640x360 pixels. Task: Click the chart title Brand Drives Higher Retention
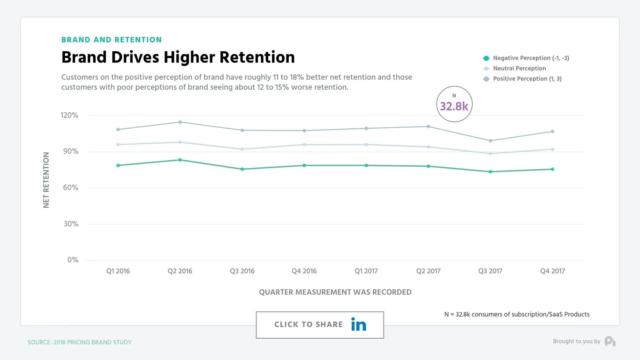tap(178, 57)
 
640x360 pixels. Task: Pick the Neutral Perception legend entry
tap(519, 69)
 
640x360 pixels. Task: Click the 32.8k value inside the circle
tap(454, 106)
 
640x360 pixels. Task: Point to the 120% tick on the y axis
tap(69, 115)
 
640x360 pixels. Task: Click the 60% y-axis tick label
tap(70, 188)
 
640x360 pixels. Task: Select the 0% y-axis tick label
tap(73, 260)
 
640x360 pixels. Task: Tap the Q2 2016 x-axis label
tap(180, 271)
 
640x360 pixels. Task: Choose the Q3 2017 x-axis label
tap(490, 271)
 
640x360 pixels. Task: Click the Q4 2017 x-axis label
tap(552, 271)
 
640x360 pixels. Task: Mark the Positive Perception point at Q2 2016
tap(180, 122)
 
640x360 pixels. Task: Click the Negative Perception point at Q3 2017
tap(490, 172)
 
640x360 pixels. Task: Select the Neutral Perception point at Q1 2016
tap(118, 144)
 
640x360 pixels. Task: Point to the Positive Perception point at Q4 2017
tap(553, 131)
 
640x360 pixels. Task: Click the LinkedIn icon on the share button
tap(359, 325)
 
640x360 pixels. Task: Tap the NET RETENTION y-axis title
tap(46, 180)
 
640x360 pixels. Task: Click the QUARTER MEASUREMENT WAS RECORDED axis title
tap(335, 292)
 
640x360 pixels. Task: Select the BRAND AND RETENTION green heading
tap(111, 40)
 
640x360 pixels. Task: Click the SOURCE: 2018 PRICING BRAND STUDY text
tap(80, 342)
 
